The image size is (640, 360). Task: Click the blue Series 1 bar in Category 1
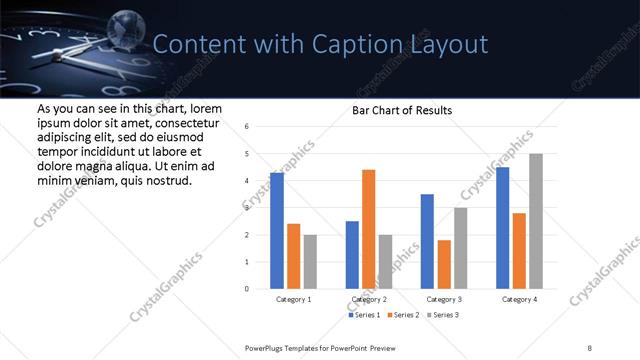point(277,231)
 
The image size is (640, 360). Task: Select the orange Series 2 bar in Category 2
point(369,229)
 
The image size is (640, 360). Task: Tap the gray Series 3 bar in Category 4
point(536,221)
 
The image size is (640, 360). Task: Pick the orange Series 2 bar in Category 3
point(444,264)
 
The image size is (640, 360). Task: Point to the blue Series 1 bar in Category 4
point(502,228)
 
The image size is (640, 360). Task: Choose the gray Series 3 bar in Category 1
point(310,262)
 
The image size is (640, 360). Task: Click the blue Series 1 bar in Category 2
point(352,255)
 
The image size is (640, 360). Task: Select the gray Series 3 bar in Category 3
point(460,248)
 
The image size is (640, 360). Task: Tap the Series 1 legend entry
point(365,315)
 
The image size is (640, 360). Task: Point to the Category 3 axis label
point(444,299)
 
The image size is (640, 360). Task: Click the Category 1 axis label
point(293,299)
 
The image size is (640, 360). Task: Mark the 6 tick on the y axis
point(247,127)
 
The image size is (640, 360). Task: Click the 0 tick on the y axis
point(247,289)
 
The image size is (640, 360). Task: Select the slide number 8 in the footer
point(590,347)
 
